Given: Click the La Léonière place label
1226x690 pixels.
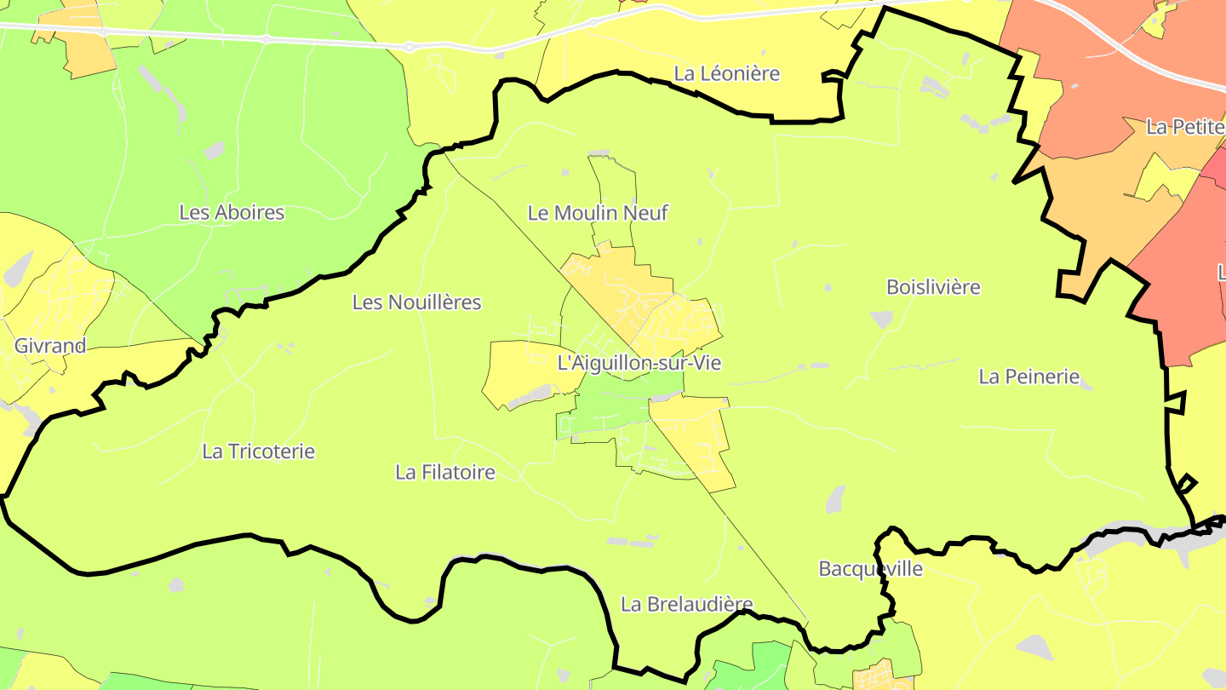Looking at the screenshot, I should [726, 74].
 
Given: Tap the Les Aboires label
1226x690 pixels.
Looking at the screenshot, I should [232, 212].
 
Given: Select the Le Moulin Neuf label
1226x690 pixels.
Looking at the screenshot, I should [598, 213].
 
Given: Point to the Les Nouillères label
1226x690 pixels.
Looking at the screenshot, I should [416, 302].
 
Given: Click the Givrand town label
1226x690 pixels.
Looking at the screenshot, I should [50, 346].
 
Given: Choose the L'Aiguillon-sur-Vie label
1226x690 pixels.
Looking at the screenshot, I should [639, 363].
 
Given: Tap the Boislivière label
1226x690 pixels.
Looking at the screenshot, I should [933, 287].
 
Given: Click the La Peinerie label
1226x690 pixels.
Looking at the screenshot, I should [1028, 377].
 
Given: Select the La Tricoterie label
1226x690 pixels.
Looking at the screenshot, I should [258, 451].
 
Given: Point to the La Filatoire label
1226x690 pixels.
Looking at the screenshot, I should [444, 472].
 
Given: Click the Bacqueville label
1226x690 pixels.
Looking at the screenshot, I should [870, 568].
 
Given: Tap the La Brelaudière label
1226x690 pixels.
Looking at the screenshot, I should [686, 605].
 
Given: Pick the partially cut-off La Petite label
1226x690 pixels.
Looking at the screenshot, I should [1184, 128].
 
